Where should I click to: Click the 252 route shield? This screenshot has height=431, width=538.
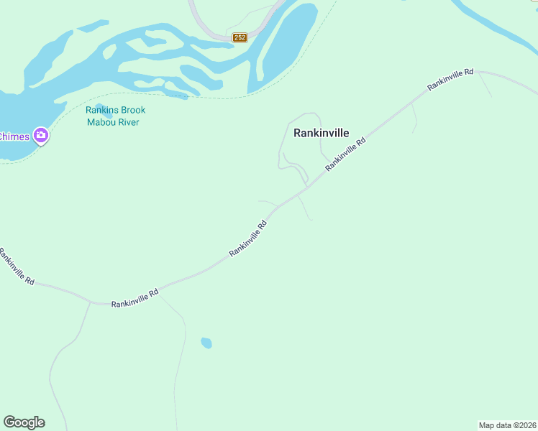pyautogui.click(x=240, y=37)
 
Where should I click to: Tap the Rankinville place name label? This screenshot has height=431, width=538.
pyautogui.click(x=322, y=133)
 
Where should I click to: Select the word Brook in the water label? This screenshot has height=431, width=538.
pyautogui.click(x=132, y=110)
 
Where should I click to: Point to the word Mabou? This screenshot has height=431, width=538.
pyautogui.click(x=101, y=122)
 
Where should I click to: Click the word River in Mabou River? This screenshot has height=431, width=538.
pyautogui.click(x=129, y=122)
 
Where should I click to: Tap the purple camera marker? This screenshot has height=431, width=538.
pyautogui.click(x=41, y=136)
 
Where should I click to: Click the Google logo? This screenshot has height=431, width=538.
pyautogui.click(x=24, y=422)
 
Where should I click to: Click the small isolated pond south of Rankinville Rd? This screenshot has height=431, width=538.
pyautogui.click(x=206, y=343)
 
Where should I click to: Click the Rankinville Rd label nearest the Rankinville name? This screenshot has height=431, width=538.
pyautogui.click(x=345, y=154)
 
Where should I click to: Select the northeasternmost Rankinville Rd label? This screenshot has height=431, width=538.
pyautogui.click(x=450, y=79)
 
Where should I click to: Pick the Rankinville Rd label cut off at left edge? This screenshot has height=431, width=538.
pyautogui.click(x=16, y=266)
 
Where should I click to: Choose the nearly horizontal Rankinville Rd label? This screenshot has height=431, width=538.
pyautogui.click(x=134, y=298)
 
